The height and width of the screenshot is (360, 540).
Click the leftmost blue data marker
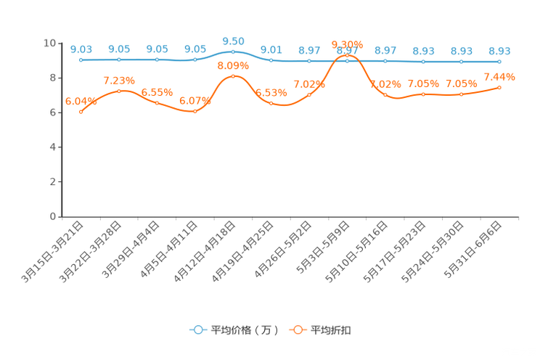pos(81,60)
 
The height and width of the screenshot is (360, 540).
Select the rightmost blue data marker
pos(499,62)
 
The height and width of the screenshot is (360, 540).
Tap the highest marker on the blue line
pos(233,52)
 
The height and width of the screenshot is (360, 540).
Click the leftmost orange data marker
pos(81,112)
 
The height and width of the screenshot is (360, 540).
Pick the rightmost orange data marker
pos(499,87)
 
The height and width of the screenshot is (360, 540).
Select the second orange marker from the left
pos(119,91)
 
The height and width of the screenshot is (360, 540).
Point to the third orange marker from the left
pos(157,103)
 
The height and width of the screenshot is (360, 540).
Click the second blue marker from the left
pos(119,60)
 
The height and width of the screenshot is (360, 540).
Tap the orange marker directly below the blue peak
pos(233,75)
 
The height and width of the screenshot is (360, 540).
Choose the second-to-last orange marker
pos(461,94)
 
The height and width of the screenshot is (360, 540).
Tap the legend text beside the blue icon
pos(244,330)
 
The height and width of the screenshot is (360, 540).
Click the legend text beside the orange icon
pos(332,330)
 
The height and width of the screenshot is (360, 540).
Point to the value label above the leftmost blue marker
pos(81,49)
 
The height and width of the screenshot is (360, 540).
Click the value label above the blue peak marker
pos(233,41)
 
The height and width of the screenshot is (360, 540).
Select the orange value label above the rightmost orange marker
pos(499,76)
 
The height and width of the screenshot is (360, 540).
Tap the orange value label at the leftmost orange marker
pos(81,102)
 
